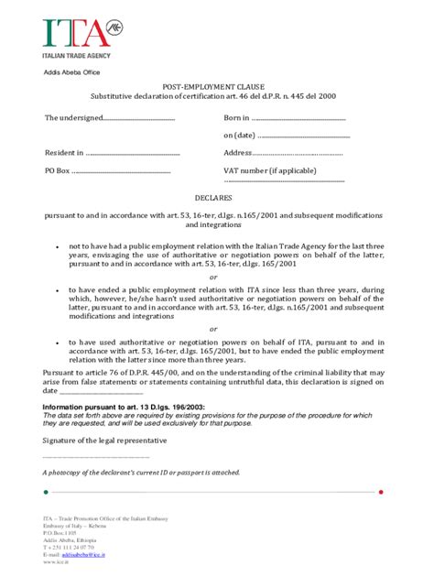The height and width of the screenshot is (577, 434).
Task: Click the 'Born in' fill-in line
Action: pos(298,118)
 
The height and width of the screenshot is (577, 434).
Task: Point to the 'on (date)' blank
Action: pos(303,136)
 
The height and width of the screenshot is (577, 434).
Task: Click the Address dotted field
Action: pos(297,153)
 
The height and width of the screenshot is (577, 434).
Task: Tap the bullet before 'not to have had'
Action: pos(57,247)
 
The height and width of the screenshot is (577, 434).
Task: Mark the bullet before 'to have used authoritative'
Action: pos(57,343)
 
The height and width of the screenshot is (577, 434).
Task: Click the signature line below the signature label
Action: pos(96,457)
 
